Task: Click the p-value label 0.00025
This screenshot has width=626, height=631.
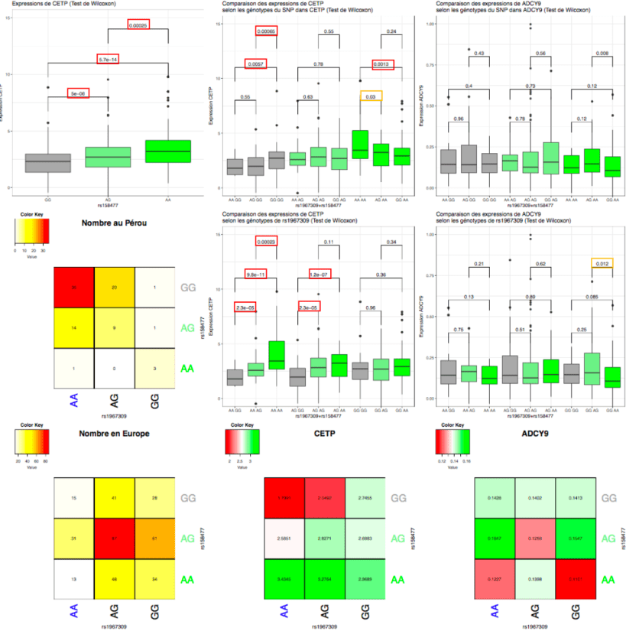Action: [138, 26]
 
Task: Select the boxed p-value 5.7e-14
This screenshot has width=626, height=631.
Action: [108, 60]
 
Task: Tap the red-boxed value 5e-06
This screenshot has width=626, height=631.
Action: [78, 93]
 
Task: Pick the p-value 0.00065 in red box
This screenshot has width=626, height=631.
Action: [266, 31]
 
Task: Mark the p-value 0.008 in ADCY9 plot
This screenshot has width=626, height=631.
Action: [603, 54]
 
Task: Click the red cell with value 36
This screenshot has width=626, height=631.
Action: [73, 288]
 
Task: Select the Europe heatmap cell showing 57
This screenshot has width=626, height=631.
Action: [114, 539]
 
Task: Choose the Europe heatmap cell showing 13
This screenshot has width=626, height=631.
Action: [73, 580]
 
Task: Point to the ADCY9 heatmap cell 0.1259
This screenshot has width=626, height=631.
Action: [534, 539]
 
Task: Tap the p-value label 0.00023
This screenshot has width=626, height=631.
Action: [266, 242]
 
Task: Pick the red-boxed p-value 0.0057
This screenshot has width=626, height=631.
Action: [256, 64]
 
